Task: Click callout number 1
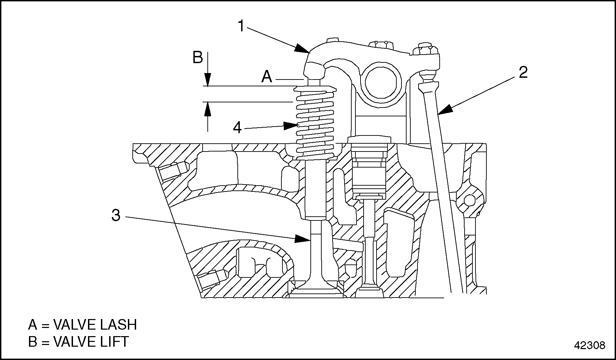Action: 241,26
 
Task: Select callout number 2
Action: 523,72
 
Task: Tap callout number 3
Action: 116,215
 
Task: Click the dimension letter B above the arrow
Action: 198,58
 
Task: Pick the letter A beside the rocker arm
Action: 267,76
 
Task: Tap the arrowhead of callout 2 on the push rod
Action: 445,110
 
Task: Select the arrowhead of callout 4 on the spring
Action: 292,126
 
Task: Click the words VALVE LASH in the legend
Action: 95,325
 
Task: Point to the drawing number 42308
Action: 590,345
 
